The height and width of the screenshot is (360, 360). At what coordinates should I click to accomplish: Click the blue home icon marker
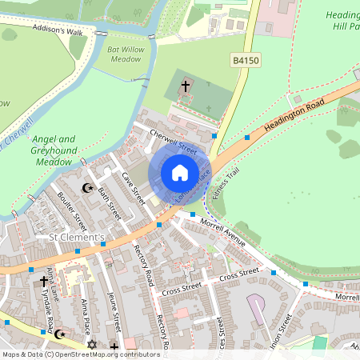[x=180, y=172]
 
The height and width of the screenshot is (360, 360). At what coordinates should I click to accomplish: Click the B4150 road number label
[x=248, y=60]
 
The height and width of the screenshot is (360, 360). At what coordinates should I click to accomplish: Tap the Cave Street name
[x=132, y=186]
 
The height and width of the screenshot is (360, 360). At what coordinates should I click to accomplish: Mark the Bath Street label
[x=108, y=203]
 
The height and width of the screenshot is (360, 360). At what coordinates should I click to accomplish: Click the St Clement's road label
[x=77, y=238]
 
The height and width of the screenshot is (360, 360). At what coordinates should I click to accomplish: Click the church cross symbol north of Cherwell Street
[x=186, y=85]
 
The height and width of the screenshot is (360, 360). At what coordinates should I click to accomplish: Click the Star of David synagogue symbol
[x=91, y=344]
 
